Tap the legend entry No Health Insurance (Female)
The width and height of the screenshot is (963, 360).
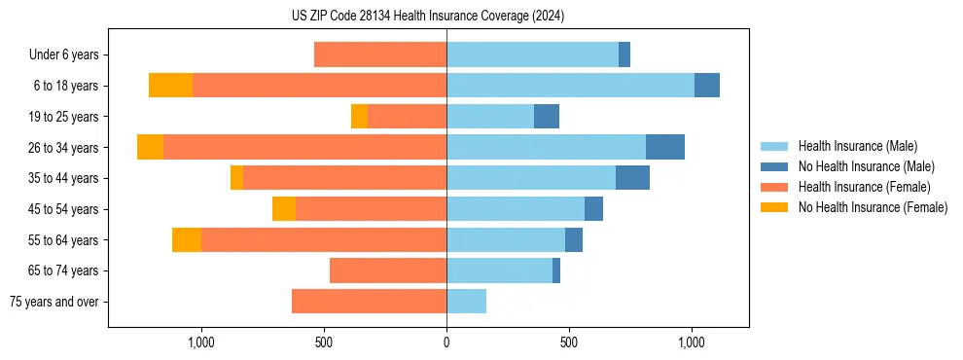click(873, 207)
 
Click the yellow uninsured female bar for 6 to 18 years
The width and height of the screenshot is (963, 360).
click(170, 86)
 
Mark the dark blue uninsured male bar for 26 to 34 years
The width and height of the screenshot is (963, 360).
click(665, 147)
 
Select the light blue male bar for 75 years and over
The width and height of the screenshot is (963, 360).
click(466, 302)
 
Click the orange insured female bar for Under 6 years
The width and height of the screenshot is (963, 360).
click(380, 54)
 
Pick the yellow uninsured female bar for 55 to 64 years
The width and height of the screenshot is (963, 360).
click(187, 239)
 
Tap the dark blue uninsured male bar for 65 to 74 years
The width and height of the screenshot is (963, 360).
click(556, 270)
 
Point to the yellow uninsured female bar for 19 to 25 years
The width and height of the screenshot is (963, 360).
click(359, 117)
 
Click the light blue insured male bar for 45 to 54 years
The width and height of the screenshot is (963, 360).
click(516, 209)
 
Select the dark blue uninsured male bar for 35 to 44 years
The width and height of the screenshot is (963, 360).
click(632, 178)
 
